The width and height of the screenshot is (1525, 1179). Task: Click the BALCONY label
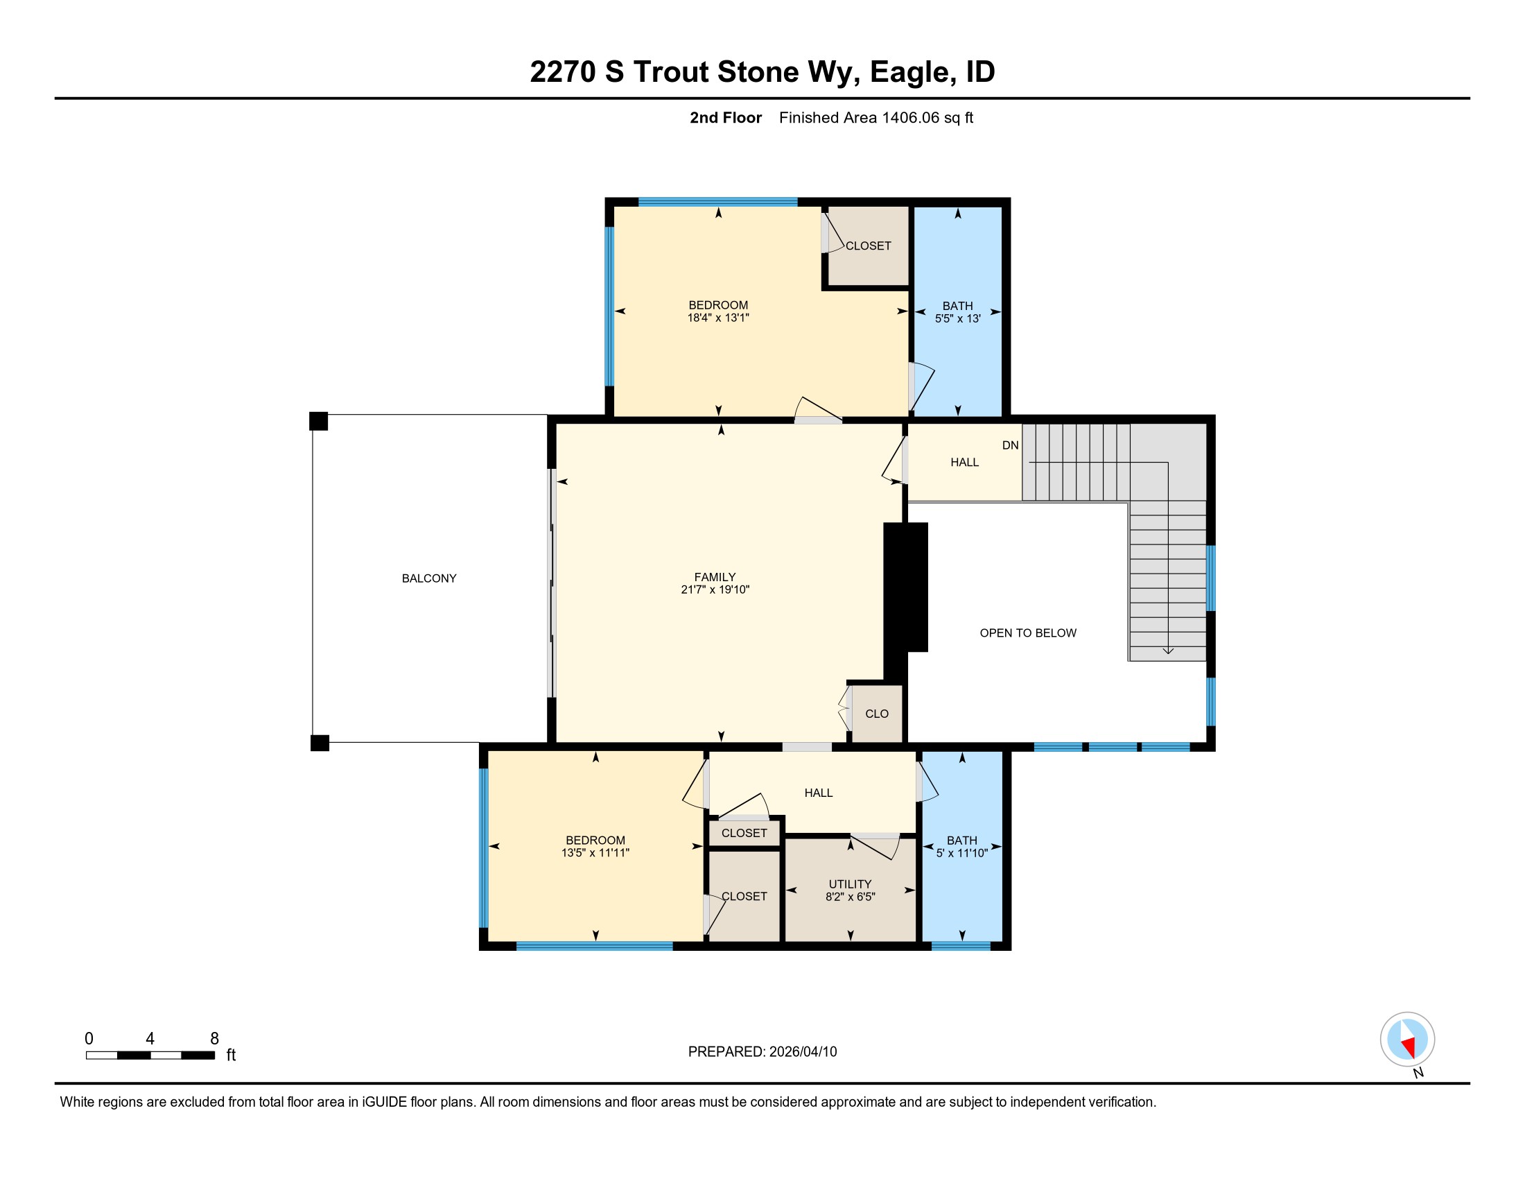pyautogui.click(x=428, y=578)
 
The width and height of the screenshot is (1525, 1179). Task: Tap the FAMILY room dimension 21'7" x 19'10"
pyautogui.click(x=715, y=589)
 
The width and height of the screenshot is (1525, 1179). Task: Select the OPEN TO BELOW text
pyautogui.click(x=1028, y=632)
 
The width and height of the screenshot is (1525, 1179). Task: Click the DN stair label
pyautogui.click(x=1011, y=446)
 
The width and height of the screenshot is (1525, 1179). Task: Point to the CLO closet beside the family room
pyautogui.click(x=877, y=714)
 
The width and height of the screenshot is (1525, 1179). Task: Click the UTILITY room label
pyautogui.click(x=851, y=884)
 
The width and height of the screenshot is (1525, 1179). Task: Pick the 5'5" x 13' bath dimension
pyautogui.click(x=958, y=318)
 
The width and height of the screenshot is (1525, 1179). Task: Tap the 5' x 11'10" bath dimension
pyautogui.click(x=962, y=853)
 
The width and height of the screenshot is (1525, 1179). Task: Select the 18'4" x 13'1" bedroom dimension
pyautogui.click(x=719, y=318)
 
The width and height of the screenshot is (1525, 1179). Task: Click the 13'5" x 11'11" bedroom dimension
pyautogui.click(x=595, y=853)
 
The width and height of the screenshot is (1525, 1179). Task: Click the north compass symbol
pyautogui.click(x=1408, y=1040)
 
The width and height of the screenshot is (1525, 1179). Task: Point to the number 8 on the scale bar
pyautogui.click(x=214, y=1039)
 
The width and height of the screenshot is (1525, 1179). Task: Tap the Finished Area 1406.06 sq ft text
pyautogui.click(x=876, y=118)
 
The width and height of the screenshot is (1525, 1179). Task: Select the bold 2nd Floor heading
pyautogui.click(x=726, y=118)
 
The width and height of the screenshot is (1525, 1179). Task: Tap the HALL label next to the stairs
pyautogui.click(x=965, y=463)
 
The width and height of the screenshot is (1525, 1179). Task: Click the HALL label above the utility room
pyautogui.click(x=819, y=793)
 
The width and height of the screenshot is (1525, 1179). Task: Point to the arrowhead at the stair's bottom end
pyautogui.click(x=1168, y=652)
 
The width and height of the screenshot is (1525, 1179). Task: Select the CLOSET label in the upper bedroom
pyautogui.click(x=869, y=246)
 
